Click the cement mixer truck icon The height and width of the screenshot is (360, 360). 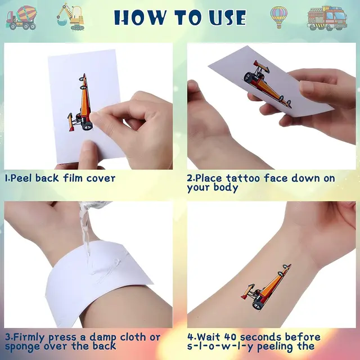21,18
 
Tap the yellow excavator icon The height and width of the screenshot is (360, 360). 71,16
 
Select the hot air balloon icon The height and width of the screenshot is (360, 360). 279,17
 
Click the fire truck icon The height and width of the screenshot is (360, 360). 327,19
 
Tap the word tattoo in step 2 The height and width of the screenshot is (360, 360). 243,178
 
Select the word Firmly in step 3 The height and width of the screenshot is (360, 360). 29,337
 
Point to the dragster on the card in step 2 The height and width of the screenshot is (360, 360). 267,84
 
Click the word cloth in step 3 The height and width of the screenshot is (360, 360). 133,337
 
